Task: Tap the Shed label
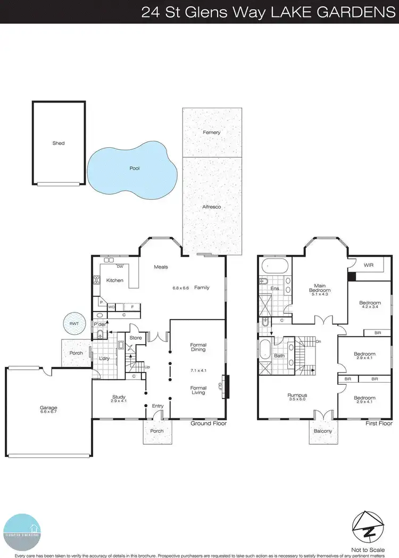[58, 143]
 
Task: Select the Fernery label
[211, 132]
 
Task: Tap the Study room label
[119, 396]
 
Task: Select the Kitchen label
[115, 280]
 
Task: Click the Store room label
[136, 337]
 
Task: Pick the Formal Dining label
[198, 348]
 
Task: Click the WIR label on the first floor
[368, 264]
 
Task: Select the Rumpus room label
[298, 395]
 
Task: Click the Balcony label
[322, 431]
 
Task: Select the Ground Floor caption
[209, 424]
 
